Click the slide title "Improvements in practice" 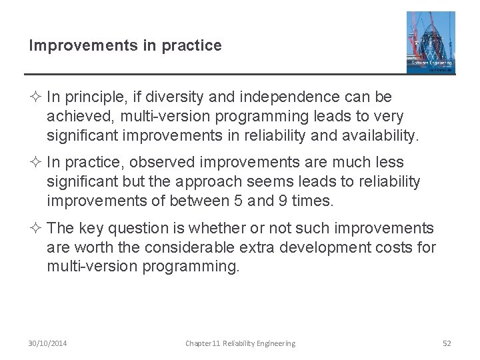point(125,45)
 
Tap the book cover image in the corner point(431,42)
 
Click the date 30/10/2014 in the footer point(47,343)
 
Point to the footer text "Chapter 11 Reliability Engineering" point(240,343)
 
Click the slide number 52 point(447,343)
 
